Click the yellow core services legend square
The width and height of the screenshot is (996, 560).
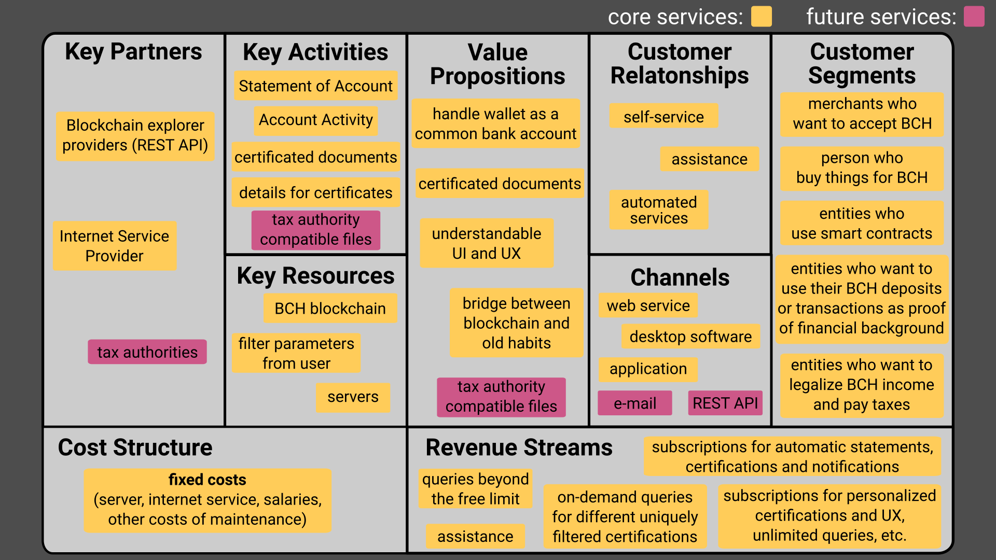click(x=762, y=17)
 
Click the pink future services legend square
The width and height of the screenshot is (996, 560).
click(x=974, y=17)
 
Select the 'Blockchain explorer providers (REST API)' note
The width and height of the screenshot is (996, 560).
click(x=135, y=136)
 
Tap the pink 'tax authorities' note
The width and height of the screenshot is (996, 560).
click(x=147, y=352)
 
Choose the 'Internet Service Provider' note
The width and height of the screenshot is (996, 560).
click(x=115, y=246)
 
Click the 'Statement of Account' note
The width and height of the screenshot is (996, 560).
click(x=315, y=86)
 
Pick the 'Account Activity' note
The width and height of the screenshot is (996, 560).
click(x=316, y=120)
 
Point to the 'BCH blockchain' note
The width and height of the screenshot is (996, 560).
click(x=330, y=309)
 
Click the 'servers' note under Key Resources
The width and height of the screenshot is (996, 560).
click(x=353, y=397)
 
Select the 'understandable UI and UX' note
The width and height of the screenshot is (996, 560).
click(x=487, y=243)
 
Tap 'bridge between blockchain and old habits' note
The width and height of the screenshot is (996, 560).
click(x=517, y=323)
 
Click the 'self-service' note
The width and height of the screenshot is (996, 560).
click(x=663, y=117)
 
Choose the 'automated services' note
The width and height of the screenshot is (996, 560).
click(x=659, y=210)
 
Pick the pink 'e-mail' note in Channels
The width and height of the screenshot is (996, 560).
click(x=635, y=403)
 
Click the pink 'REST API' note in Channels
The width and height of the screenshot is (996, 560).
click(x=725, y=403)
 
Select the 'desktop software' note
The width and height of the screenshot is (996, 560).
click(x=690, y=337)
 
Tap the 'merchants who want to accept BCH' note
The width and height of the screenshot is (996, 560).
click(x=862, y=114)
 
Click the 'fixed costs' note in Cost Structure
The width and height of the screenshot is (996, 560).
click(x=208, y=500)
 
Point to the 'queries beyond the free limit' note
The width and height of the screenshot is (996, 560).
click(x=475, y=489)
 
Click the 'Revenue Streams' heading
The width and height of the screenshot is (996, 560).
click(x=519, y=447)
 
